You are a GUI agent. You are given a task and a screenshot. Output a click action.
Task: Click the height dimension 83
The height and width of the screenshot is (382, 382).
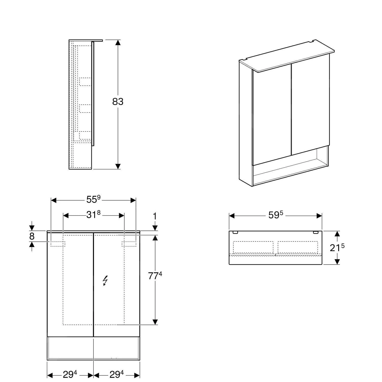[x=118, y=102]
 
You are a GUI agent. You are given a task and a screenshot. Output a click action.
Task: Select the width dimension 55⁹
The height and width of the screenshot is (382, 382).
[x=93, y=200]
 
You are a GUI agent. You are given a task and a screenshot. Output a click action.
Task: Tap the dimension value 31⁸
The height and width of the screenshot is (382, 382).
[x=93, y=215]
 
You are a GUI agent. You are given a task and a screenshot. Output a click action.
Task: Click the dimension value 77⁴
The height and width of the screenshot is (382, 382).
[x=155, y=276]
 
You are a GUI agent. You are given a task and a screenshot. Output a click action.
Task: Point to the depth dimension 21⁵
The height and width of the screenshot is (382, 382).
[x=337, y=247]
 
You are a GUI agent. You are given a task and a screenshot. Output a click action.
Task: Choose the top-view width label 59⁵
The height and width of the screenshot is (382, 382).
[x=276, y=215]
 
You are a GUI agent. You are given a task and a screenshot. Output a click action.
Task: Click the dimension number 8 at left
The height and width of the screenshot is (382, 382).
[x=32, y=236]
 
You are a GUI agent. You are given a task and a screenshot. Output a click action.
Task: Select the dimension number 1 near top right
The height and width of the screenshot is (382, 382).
[x=155, y=216]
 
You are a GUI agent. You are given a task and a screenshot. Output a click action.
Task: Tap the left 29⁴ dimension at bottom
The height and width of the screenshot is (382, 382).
[x=70, y=374]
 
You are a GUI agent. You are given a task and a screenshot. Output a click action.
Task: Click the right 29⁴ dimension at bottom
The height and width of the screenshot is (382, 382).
[x=117, y=374]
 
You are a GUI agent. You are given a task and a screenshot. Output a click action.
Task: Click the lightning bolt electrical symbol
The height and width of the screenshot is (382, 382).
[x=105, y=281]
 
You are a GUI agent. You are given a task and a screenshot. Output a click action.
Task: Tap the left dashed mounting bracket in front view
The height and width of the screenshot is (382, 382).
[x=58, y=244]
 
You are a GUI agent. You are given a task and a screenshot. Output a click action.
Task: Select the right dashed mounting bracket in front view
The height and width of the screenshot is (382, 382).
[x=129, y=244]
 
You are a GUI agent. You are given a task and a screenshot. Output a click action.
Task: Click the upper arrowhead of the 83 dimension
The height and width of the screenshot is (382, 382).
[x=118, y=43]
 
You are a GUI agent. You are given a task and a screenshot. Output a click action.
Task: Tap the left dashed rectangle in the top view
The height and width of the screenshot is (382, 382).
[x=253, y=247]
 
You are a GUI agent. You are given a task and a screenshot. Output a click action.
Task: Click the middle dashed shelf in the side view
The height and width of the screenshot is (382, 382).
[x=85, y=108]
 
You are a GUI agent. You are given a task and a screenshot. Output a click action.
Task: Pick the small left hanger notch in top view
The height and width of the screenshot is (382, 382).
[x=236, y=232]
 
